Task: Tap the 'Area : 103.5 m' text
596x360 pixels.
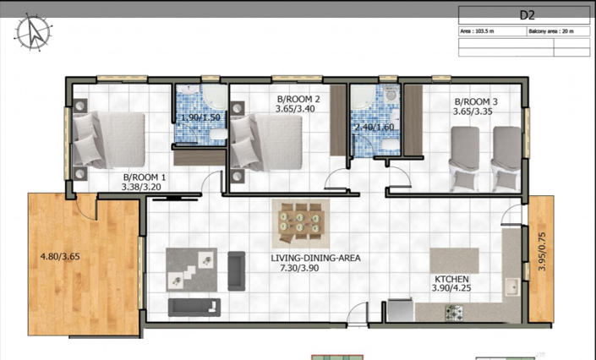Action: [477, 30]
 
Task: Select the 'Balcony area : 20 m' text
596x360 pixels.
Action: [551, 30]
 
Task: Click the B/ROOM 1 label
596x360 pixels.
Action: [145, 177]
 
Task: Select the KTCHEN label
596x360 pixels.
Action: [452, 278]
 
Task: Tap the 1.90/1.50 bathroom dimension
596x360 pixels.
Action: [201, 118]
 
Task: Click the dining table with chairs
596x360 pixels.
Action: [298, 220]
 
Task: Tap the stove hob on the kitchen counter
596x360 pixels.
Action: [454, 312]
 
